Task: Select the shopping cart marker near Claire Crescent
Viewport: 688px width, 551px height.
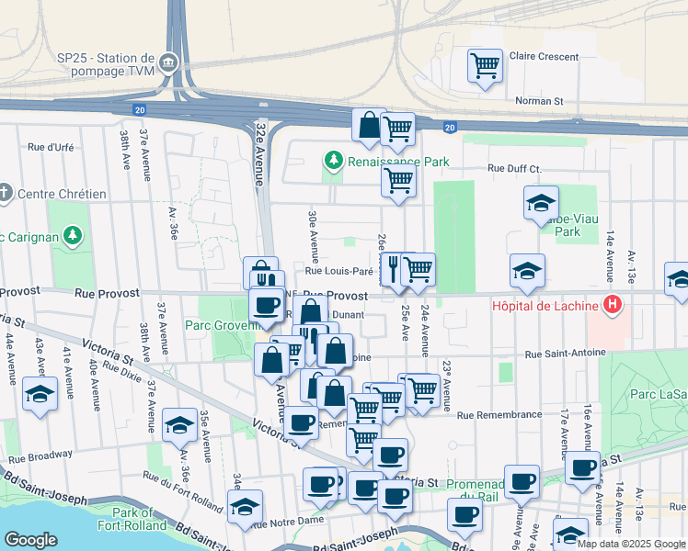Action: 485,66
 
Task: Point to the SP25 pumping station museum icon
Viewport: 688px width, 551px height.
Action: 168,63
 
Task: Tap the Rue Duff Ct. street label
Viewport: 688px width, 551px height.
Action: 514,168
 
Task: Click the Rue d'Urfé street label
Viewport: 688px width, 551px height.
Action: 51,147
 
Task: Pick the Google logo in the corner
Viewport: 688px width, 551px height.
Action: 30,539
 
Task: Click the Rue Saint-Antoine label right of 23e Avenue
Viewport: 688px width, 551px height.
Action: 566,354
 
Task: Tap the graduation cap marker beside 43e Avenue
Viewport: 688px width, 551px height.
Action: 40,394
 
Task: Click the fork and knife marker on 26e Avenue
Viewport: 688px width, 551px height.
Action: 393,269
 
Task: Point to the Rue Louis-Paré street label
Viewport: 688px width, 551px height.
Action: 338,271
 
